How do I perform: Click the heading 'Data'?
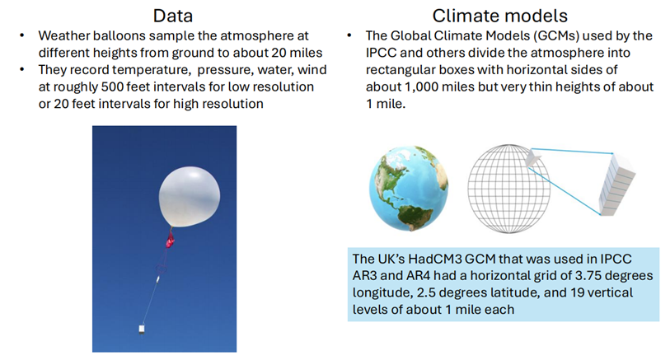[172, 16]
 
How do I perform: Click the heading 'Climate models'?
[499, 16]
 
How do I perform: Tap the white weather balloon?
[190, 197]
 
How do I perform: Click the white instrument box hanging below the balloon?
[142, 329]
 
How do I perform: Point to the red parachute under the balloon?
[170, 240]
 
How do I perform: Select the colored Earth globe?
[409, 188]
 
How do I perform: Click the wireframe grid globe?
[509, 189]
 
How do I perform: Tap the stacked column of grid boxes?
[616, 185]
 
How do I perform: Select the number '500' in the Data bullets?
[112, 86]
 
